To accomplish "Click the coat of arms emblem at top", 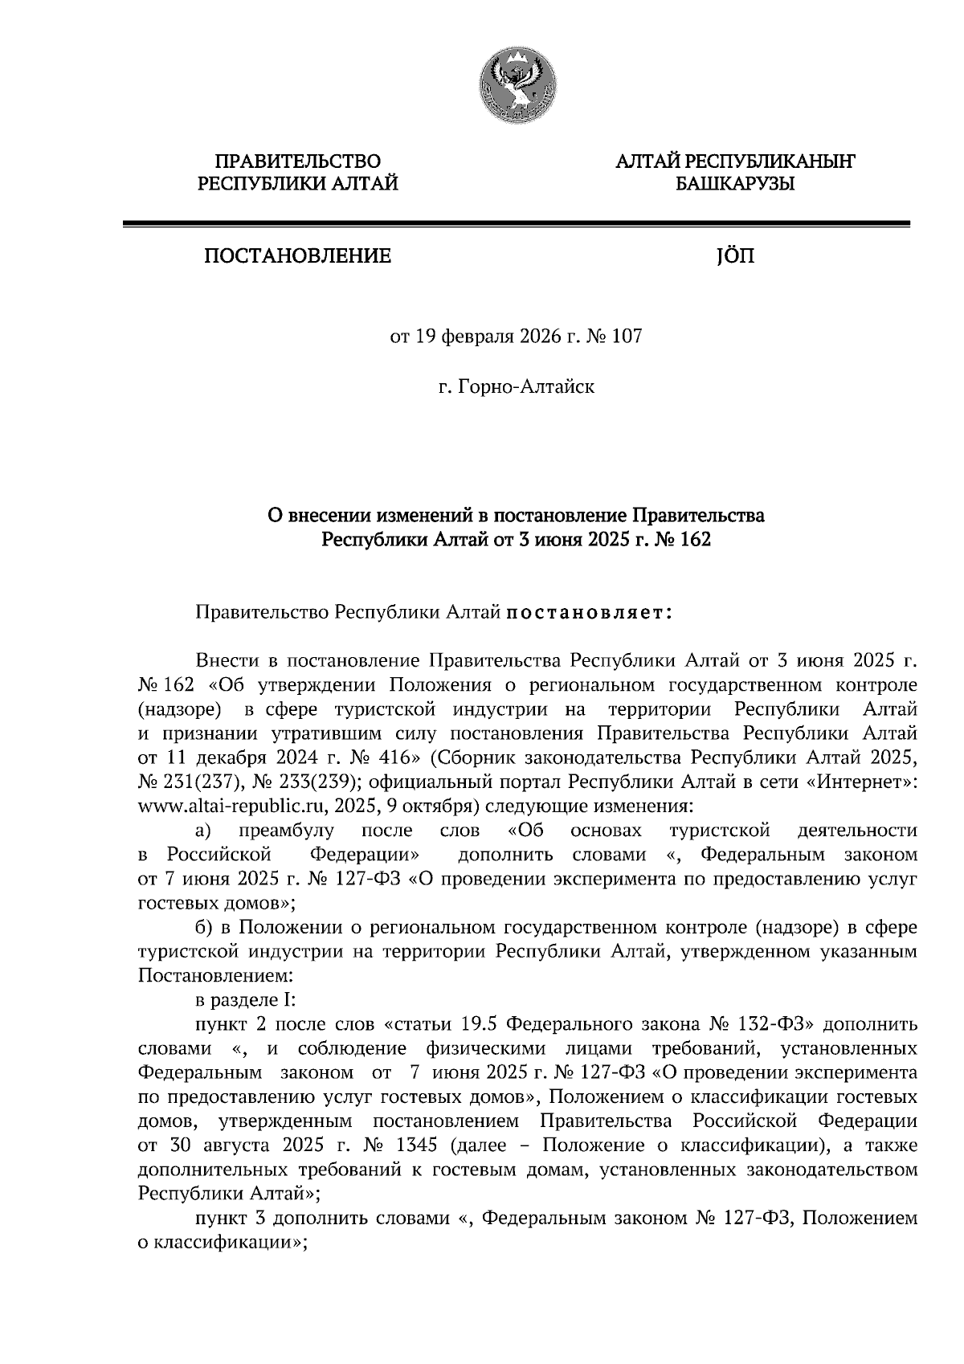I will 517,84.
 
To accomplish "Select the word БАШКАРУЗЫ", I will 734,184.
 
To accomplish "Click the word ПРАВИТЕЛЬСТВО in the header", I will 298,161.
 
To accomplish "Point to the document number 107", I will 627,337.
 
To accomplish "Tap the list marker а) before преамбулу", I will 203,830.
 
